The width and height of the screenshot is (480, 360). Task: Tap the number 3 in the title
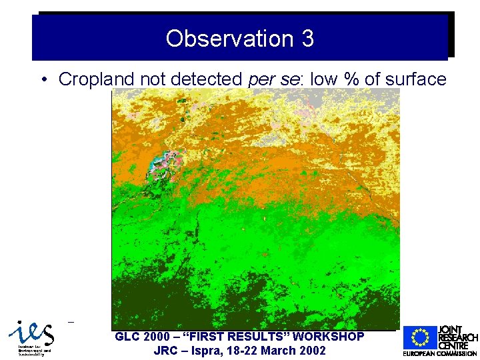(307, 38)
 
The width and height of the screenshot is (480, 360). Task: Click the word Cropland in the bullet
(97, 79)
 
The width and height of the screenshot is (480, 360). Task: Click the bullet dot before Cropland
(43, 80)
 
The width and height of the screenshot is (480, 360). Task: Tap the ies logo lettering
(30, 331)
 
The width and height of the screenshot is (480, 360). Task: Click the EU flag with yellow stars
(419, 338)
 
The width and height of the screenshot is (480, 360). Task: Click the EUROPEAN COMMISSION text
(440, 353)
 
